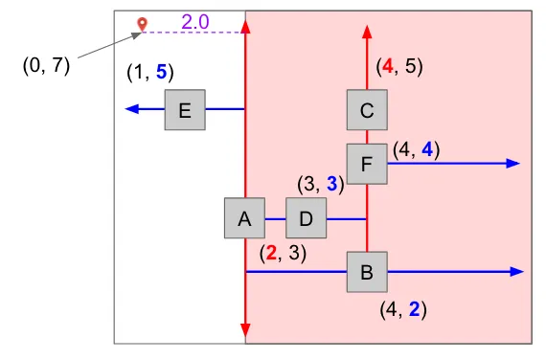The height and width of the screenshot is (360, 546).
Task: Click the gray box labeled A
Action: [x=245, y=218]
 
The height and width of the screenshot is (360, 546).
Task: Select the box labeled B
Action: [x=367, y=272]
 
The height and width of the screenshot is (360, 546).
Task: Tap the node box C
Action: [x=367, y=110]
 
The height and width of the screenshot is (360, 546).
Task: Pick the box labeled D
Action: [x=307, y=218]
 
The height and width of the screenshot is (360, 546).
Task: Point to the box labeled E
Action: [x=185, y=110]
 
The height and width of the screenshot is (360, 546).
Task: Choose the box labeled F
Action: [x=367, y=164]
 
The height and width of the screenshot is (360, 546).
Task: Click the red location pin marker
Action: [x=142, y=25]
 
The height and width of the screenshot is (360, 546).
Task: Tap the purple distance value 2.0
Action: [x=195, y=22]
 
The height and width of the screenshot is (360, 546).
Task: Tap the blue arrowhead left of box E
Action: [x=132, y=109]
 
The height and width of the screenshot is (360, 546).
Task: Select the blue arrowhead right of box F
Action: [x=512, y=164]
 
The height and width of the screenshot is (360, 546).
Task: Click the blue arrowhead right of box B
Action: [x=517, y=272]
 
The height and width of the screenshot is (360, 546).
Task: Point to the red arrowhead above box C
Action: [x=367, y=32]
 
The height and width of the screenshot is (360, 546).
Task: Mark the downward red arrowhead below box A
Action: [x=245, y=330]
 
